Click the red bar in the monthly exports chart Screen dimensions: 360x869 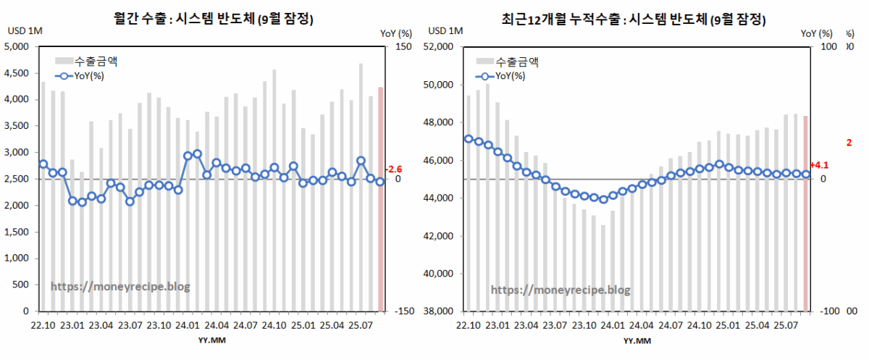click(x=381, y=199)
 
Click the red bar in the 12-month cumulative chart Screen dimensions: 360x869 click(x=807, y=213)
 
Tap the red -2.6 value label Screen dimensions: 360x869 click(x=393, y=169)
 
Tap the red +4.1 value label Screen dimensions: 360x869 click(x=820, y=165)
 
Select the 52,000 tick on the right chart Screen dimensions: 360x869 click(x=438, y=47)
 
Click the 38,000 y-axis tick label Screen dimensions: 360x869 click(x=438, y=311)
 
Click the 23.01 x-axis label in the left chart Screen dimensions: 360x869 click(x=72, y=326)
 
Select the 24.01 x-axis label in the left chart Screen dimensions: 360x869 click(x=188, y=326)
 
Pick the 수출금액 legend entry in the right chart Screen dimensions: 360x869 click(x=516, y=62)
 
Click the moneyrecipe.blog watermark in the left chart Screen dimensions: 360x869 click(x=120, y=286)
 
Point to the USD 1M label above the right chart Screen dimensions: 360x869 click(x=445, y=30)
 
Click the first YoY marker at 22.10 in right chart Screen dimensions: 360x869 click(x=469, y=138)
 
